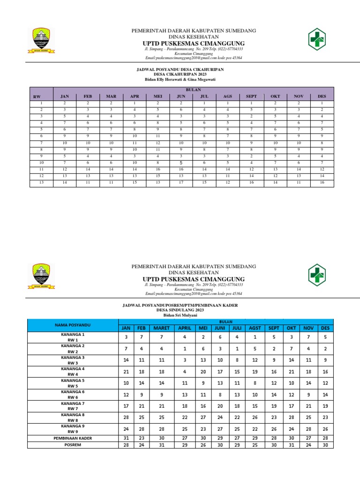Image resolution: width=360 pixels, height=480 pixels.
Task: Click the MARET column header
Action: (161, 328)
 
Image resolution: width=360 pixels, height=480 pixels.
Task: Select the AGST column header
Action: (255, 328)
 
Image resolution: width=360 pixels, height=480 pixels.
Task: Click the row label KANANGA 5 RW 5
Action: (73, 383)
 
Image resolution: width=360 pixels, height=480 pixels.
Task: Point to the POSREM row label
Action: (73, 445)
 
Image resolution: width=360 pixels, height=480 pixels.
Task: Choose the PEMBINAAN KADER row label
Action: (73, 438)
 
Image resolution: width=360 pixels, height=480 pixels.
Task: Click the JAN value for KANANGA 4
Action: (126, 371)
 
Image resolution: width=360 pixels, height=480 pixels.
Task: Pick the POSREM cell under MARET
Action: (161, 445)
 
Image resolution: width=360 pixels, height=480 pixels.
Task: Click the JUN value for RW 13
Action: (180, 182)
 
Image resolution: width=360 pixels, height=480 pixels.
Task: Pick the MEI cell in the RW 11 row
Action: (158, 169)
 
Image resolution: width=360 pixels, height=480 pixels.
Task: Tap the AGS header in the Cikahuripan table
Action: (227, 97)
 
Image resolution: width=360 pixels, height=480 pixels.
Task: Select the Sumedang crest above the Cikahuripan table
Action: (44, 40)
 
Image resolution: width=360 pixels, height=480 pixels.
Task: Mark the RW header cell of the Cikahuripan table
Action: (37, 97)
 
